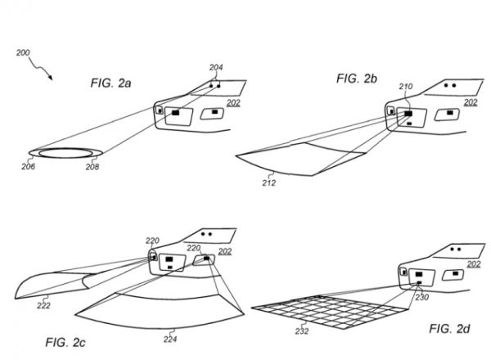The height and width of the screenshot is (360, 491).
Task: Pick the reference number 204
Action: click(x=217, y=67)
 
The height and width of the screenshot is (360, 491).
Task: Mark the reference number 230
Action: click(x=422, y=298)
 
